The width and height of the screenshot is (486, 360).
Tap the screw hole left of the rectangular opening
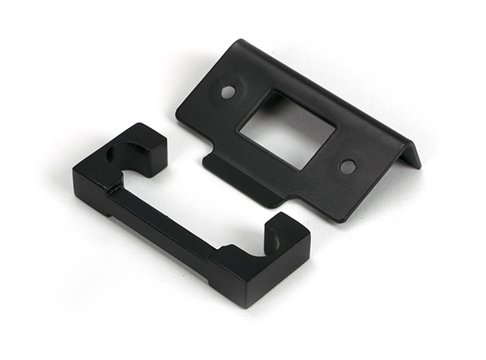[228, 92]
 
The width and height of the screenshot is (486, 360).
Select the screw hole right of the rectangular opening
[347, 166]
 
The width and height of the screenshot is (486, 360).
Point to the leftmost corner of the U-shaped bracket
[74, 172]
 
